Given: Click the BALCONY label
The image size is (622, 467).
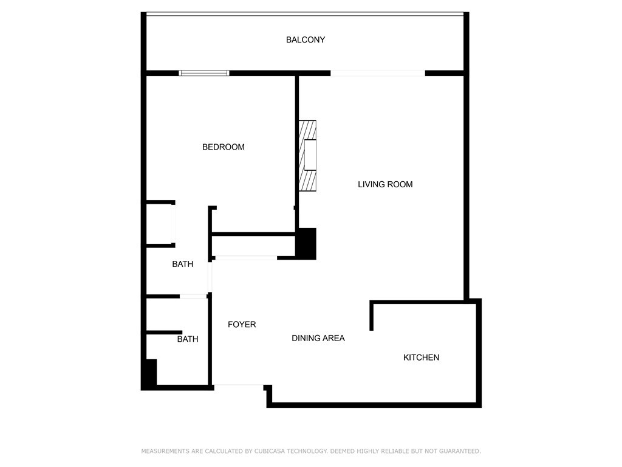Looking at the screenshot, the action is click(x=306, y=40).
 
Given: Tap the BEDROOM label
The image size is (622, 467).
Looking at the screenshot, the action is click(x=224, y=147).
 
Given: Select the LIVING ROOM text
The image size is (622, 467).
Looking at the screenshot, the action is click(x=385, y=184).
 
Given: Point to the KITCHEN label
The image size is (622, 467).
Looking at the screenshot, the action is click(x=422, y=358).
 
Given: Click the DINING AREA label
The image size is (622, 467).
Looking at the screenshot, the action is click(x=318, y=338).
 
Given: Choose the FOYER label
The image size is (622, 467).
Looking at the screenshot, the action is click(x=242, y=325).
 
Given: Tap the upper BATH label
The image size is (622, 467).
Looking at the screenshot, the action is click(x=182, y=264).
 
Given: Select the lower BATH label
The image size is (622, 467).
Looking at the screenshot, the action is click(x=188, y=339).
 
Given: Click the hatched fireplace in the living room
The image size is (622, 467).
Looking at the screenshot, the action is click(x=307, y=156).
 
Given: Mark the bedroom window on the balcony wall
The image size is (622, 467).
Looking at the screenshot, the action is click(x=204, y=73).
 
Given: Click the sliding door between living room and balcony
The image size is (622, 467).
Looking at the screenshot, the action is click(x=378, y=73).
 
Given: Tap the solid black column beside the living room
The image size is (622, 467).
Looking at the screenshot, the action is click(x=306, y=243).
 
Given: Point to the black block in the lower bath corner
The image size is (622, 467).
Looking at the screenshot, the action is click(x=151, y=372).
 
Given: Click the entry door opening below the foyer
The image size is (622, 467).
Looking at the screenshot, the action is click(x=239, y=385).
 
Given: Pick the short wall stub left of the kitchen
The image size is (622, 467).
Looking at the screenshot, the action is click(x=372, y=316).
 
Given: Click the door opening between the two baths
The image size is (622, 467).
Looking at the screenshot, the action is click(x=193, y=296).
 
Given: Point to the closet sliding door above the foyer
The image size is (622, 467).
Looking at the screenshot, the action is click(x=246, y=258).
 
